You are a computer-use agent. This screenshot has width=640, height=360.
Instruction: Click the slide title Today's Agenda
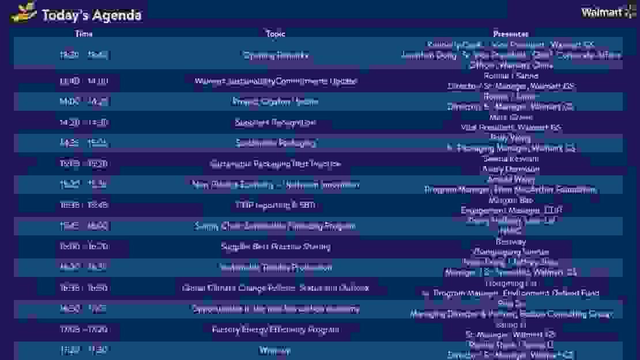point(92,15)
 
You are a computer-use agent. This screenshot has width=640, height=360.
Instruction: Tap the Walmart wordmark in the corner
point(601,13)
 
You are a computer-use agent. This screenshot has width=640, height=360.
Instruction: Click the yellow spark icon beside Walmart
point(630,12)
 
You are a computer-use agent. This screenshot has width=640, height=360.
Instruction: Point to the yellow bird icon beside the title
point(24,12)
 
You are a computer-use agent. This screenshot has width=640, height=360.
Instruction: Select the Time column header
point(84,34)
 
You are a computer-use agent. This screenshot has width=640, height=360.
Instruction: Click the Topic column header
point(276,34)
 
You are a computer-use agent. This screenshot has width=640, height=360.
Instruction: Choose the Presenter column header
point(511,34)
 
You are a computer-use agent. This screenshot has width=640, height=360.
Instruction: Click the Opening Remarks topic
point(276,55)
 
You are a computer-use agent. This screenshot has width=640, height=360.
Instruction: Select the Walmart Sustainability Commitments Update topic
point(276,81)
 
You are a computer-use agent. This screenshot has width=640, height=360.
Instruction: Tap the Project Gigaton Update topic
point(276,102)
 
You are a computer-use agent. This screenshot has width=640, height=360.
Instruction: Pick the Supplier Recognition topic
point(276,122)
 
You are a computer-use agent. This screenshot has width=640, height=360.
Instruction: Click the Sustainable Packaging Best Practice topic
point(276,164)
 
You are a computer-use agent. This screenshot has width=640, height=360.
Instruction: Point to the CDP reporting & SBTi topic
point(276,205)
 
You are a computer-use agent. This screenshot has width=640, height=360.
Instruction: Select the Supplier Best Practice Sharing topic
point(276,247)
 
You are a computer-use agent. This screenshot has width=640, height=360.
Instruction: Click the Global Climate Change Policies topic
point(276,288)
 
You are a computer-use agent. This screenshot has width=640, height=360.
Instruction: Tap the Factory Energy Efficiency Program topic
point(276,329)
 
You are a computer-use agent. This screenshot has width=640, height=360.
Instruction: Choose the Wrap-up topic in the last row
point(276,350)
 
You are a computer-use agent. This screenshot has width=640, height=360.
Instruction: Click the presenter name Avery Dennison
point(511,169)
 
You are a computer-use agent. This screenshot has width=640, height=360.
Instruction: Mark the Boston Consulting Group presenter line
point(511,314)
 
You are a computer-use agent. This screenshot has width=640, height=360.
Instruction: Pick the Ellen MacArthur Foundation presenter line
point(511,190)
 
